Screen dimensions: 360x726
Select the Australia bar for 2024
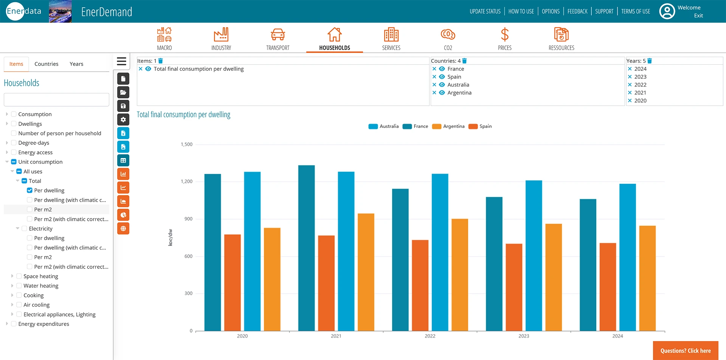[627, 257]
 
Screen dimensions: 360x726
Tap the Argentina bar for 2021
[366, 272]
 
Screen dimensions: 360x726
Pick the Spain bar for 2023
[514, 287]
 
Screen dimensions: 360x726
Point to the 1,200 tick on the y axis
[186, 182]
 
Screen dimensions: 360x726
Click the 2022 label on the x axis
[430, 336]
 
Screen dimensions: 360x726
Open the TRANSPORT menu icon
[278, 35]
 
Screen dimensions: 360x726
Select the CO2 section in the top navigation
[448, 38]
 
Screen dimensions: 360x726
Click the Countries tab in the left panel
[46, 64]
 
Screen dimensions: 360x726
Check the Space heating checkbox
[19, 276]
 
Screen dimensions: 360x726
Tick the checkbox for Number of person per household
[14, 133]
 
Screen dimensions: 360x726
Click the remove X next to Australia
[434, 85]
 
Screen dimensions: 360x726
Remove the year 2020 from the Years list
[630, 101]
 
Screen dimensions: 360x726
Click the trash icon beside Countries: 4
[464, 61]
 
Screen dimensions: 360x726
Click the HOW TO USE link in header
[521, 11]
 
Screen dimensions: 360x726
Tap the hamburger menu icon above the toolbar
[121, 61]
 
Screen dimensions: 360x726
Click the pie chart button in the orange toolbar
[123, 215]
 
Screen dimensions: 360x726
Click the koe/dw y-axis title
[170, 237]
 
